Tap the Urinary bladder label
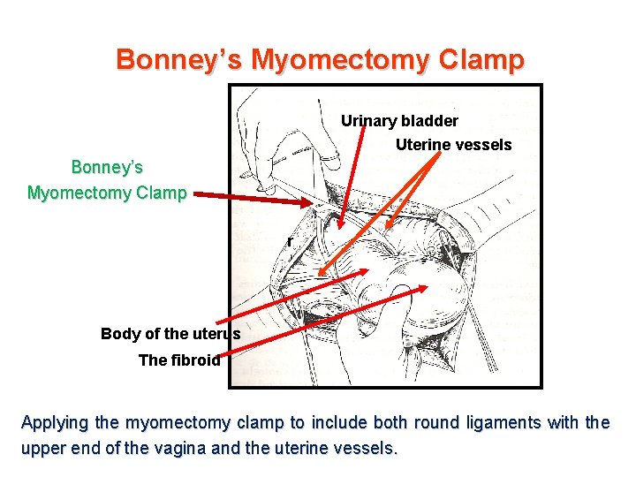click(x=399, y=121)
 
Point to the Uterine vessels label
click(x=453, y=145)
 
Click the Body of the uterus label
click(x=170, y=334)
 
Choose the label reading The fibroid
click(x=179, y=360)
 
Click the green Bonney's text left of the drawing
click(x=107, y=167)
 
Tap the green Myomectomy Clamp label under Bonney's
click(x=107, y=193)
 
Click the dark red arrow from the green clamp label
click(x=252, y=197)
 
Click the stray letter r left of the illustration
click(x=289, y=241)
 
